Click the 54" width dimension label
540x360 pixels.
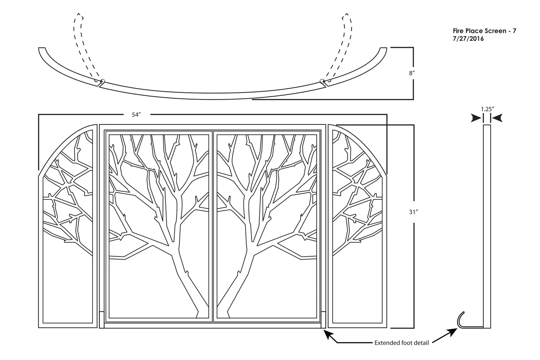(136, 115)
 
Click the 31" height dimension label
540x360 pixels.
(413, 212)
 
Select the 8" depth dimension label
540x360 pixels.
(411, 73)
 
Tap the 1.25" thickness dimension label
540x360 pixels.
(487, 108)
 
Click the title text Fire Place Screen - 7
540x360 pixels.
(484, 31)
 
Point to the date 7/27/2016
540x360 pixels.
(468, 39)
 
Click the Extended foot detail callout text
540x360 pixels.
(401, 343)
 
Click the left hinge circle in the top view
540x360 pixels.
(102, 81)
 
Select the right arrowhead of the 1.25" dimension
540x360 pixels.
(497, 118)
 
